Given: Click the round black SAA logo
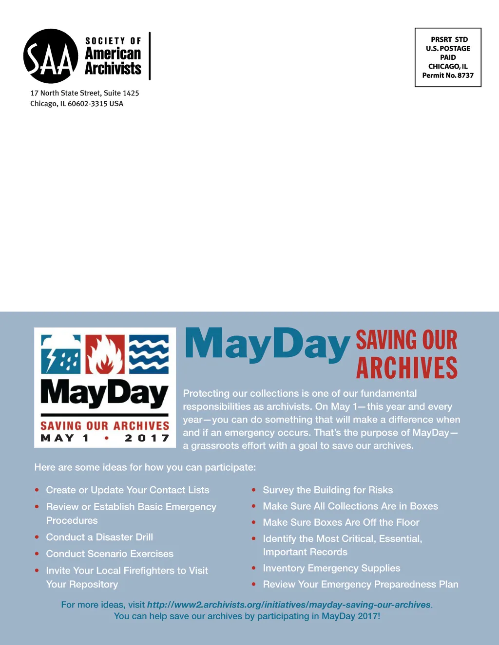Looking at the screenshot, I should [51, 56].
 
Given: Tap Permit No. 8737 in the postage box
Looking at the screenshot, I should [448, 75].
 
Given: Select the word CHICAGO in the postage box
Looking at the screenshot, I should [443, 66].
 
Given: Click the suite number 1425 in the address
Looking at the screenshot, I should [131, 93].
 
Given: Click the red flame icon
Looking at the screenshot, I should [105, 354].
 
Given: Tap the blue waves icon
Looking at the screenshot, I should [149, 354].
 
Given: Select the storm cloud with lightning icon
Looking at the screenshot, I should [61, 354].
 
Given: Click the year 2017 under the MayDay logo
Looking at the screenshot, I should [147, 438].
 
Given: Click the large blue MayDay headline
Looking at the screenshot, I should [267, 345].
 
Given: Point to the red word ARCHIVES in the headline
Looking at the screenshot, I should [407, 368].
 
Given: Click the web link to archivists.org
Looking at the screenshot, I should [289, 605].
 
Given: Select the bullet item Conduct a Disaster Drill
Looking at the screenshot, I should [99, 537].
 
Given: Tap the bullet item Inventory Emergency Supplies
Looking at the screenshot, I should [331, 568].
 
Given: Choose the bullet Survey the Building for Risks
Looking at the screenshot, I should [327, 490].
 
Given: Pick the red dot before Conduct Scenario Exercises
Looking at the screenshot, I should [37, 554].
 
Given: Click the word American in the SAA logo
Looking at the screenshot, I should [113, 54].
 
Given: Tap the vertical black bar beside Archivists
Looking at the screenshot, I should [150, 56].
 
